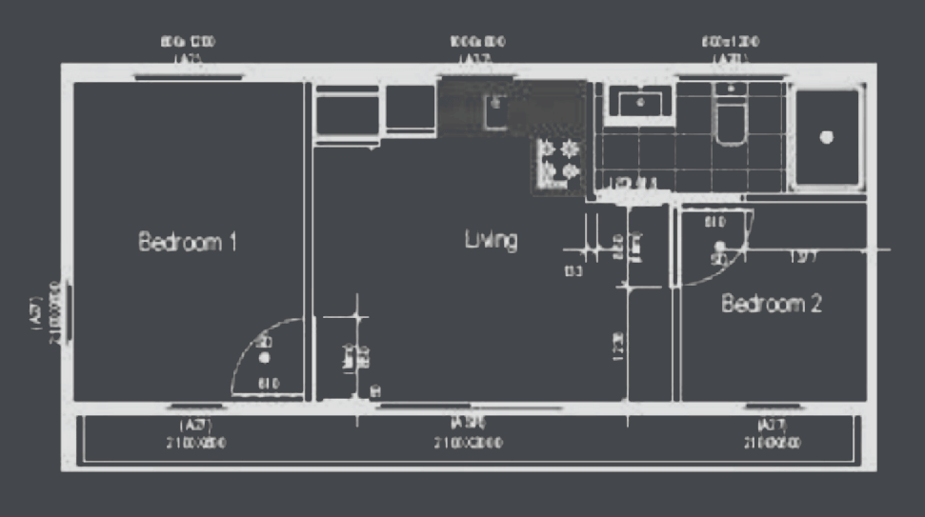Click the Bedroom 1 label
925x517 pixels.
click(188, 242)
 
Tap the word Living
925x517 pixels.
click(491, 239)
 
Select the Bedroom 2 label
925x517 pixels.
click(771, 305)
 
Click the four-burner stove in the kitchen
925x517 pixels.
click(559, 161)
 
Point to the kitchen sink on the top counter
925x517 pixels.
click(495, 110)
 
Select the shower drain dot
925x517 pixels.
click(826, 137)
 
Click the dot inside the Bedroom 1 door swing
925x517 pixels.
click(265, 357)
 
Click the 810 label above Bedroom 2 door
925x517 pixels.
click(714, 223)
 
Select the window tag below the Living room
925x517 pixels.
click(469, 433)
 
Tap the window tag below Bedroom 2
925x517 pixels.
click(771, 433)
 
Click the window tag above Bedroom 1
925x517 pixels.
click(187, 50)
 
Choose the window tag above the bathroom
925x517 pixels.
click(731, 50)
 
